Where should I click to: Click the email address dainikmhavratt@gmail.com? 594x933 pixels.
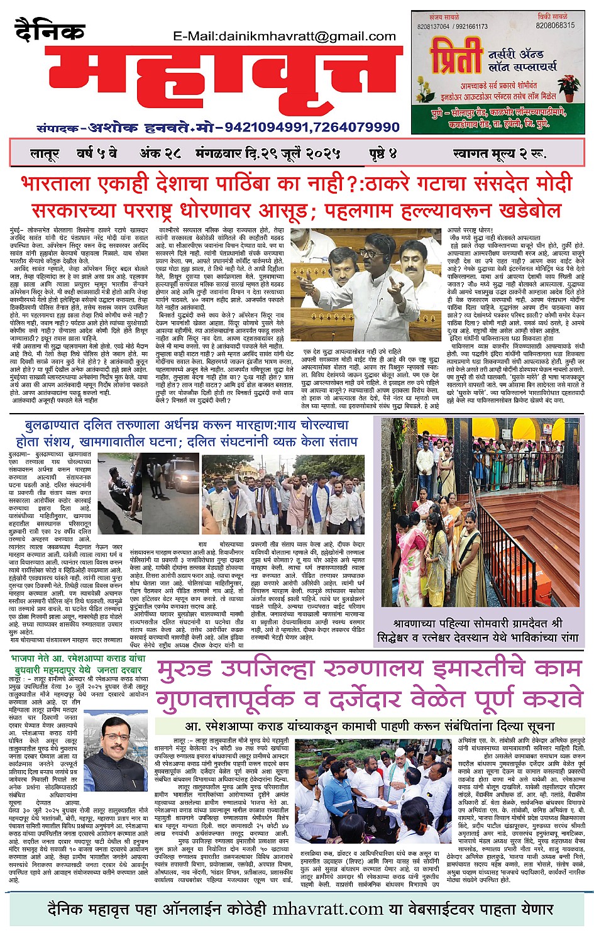coord(285,36)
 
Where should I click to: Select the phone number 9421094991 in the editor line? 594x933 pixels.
coord(267,128)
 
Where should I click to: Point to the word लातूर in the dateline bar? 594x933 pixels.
coord(45,153)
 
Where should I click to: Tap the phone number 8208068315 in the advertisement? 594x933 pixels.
coord(555,26)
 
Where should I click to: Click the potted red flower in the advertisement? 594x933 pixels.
coord(569,88)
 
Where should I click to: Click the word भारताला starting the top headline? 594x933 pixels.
coord(55,185)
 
